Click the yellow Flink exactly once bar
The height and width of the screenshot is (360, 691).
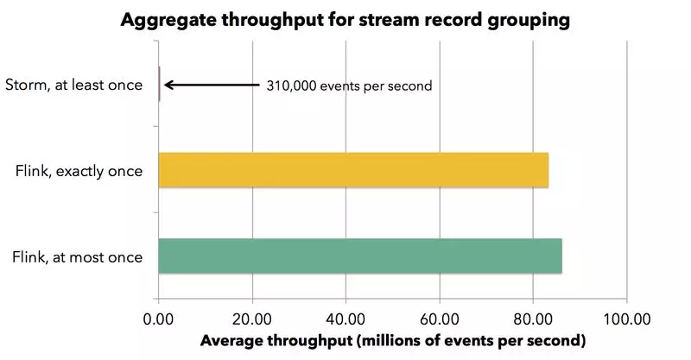(x=353, y=170)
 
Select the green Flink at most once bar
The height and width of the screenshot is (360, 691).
(x=360, y=256)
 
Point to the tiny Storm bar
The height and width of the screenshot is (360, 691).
(x=160, y=85)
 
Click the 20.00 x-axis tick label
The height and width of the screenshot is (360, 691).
(x=252, y=317)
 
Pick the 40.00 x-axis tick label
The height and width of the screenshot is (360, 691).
(x=346, y=317)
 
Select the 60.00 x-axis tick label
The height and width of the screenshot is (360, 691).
(x=440, y=317)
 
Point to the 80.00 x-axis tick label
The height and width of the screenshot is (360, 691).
(x=533, y=317)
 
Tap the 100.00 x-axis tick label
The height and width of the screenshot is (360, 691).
(x=627, y=317)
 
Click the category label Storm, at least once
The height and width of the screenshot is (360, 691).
(x=73, y=85)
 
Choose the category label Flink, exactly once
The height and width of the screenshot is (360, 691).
(x=79, y=170)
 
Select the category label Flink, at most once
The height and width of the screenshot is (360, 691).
(x=79, y=256)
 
